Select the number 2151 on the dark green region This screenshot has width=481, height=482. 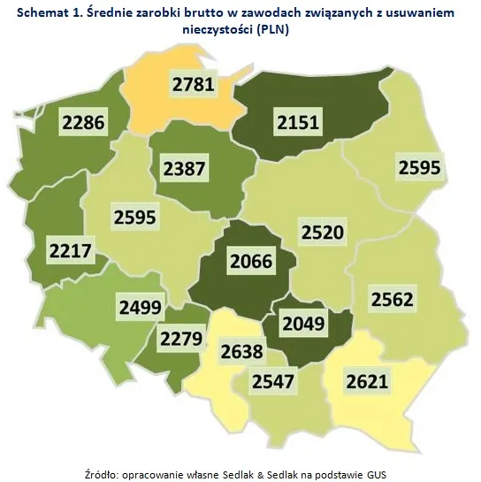[x=297, y=122]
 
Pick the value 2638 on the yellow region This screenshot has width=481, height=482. [x=241, y=352]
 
